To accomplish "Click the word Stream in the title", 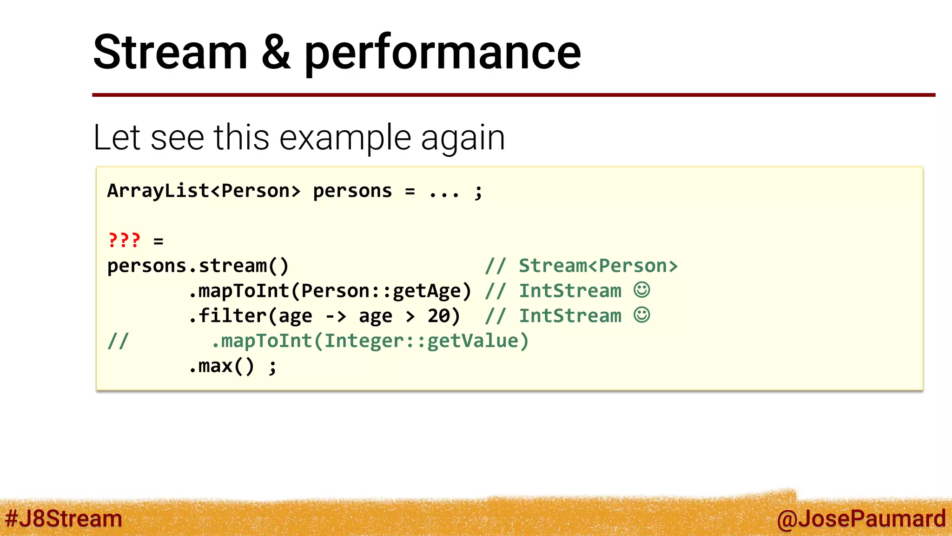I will (x=170, y=52).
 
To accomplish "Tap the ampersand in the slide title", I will (x=276, y=52).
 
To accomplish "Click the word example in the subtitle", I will (x=345, y=138).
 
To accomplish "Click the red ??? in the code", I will (x=124, y=240).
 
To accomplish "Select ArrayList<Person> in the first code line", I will (x=204, y=191).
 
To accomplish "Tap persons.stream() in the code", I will (x=198, y=266).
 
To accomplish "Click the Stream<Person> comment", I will (x=598, y=266).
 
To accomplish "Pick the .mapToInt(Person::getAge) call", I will (x=330, y=291).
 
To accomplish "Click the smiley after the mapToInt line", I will (x=642, y=290).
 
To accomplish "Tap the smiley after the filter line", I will (x=642, y=315).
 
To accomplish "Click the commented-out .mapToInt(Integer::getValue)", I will (x=370, y=341).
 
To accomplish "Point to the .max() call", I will (x=221, y=366).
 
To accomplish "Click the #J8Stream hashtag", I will (x=64, y=518).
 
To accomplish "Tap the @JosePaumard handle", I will (x=861, y=518).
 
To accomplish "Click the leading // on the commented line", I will (x=118, y=341).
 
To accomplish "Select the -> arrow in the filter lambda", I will (x=336, y=316).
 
